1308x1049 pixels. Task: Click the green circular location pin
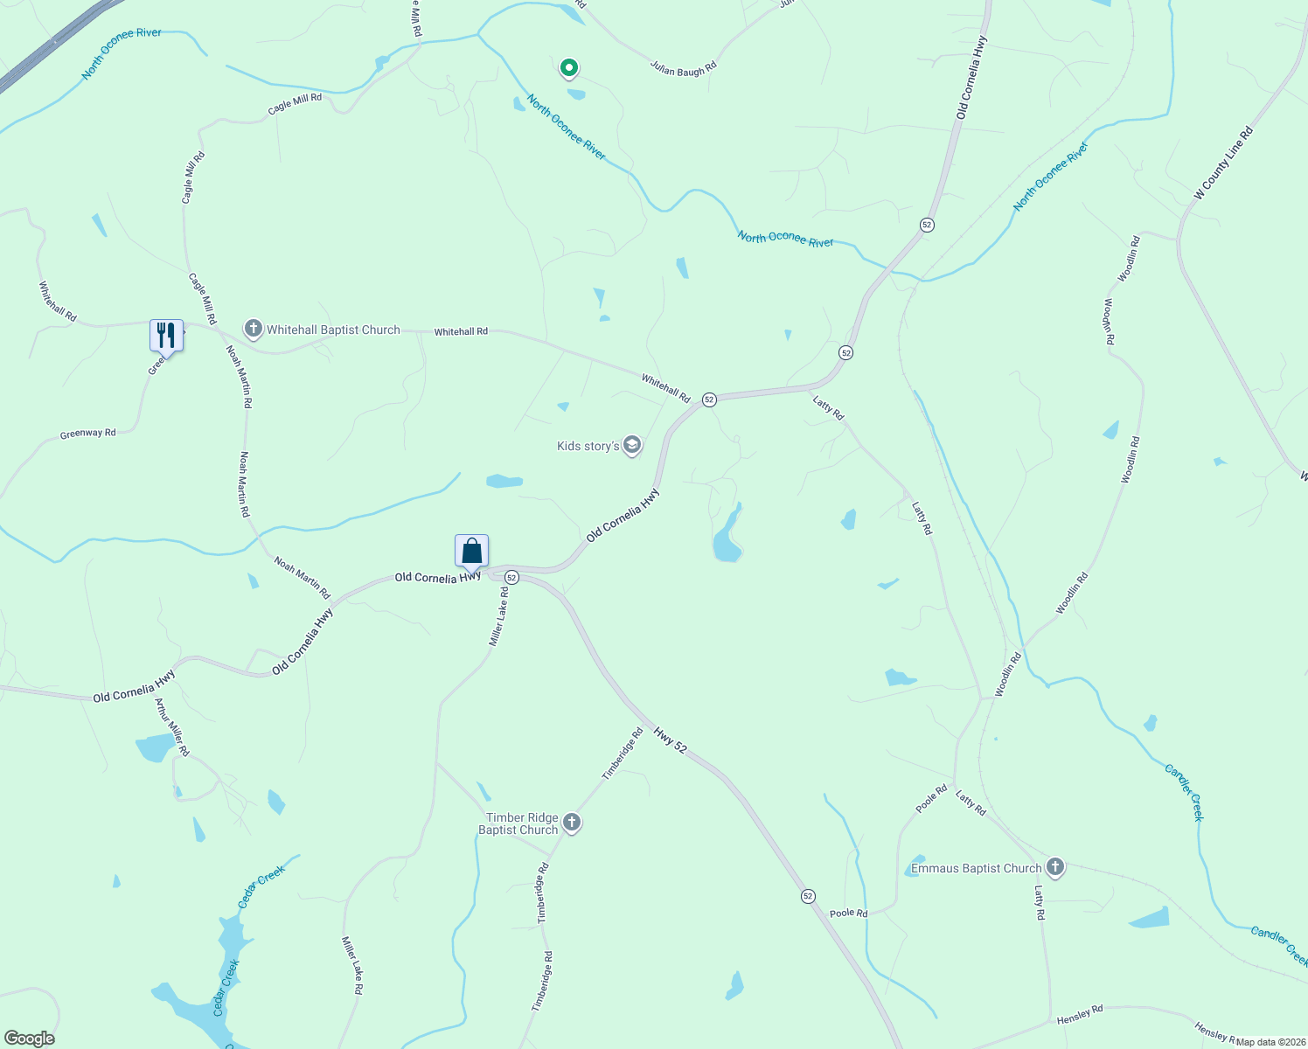click(x=569, y=67)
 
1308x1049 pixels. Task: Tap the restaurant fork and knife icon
click(x=166, y=335)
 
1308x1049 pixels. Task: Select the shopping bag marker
click(x=471, y=552)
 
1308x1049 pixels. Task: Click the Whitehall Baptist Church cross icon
click(x=254, y=330)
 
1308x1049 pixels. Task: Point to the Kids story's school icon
click(x=632, y=446)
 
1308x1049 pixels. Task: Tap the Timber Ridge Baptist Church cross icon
click(x=572, y=822)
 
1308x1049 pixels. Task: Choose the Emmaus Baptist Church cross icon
click(x=1055, y=867)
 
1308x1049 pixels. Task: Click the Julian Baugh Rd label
click(x=684, y=68)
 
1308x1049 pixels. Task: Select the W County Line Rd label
click(x=1223, y=163)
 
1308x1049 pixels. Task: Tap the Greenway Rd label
click(x=87, y=434)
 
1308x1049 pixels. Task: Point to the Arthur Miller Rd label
click(x=171, y=726)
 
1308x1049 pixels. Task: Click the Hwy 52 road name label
click(x=671, y=740)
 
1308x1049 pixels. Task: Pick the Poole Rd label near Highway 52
click(x=848, y=914)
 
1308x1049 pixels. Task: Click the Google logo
click(x=30, y=1039)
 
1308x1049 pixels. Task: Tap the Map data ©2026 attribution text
click(x=1270, y=1042)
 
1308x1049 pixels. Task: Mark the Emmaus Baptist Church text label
click(x=976, y=868)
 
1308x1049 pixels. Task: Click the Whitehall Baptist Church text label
click(x=333, y=330)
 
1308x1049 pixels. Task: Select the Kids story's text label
click(x=588, y=446)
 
